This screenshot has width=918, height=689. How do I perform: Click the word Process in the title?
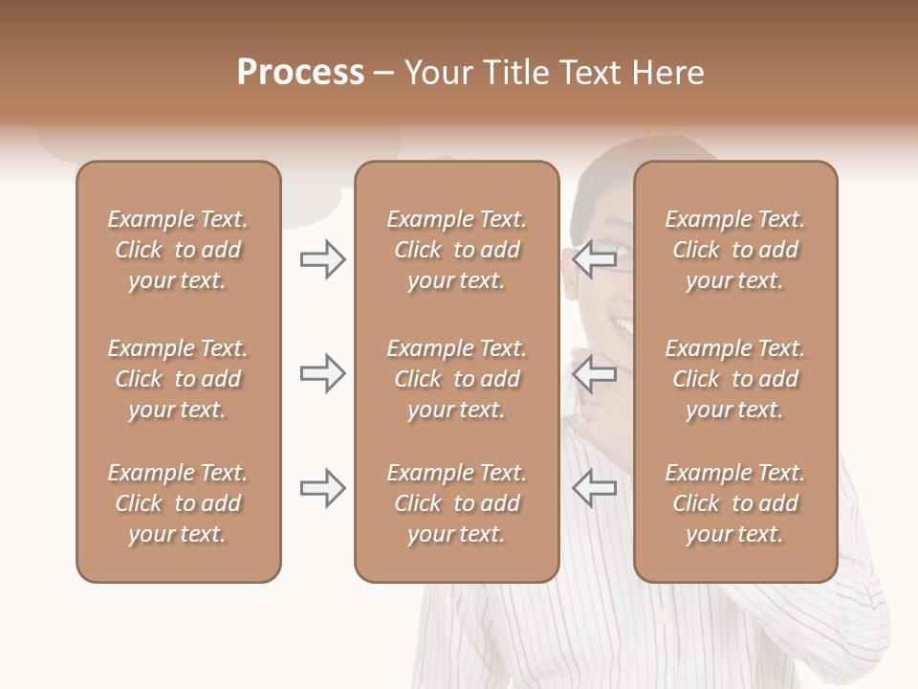point(300,73)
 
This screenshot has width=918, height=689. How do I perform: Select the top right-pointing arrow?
point(323,259)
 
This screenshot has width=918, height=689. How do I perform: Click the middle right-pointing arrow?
point(323,373)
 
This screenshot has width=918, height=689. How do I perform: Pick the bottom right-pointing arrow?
point(323,489)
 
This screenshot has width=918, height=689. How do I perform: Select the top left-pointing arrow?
point(595,259)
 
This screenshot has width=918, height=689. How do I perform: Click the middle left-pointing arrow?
point(595,373)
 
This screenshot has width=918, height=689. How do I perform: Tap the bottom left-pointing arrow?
point(595,489)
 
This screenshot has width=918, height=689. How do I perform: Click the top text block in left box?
point(178,250)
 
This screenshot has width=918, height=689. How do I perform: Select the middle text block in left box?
point(178,379)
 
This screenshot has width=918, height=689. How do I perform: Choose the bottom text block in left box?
point(178,503)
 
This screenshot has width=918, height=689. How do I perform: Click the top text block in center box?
point(456,250)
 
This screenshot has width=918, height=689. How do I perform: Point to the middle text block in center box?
point(456,379)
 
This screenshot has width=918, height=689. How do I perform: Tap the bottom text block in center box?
point(456,503)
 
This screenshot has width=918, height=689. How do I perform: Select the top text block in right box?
point(735,250)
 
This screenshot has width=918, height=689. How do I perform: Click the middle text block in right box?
point(735,379)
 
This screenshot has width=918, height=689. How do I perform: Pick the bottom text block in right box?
point(735,503)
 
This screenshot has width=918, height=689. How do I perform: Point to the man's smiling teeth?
point(623,327)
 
